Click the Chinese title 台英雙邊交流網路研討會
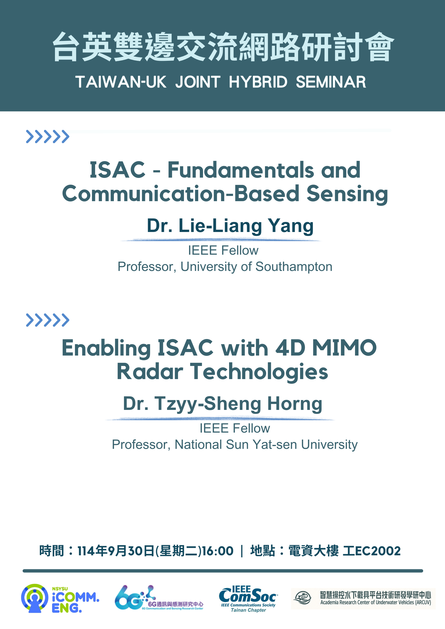click(223, 47)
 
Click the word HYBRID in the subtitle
click(258, 82)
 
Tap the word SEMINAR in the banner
click(331, 82)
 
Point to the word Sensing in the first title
click(347, 194)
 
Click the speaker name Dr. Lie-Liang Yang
click(230, 226)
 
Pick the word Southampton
click(294, 267)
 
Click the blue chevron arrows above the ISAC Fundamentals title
click(47, 137)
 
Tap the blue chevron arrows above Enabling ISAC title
click(47, 320)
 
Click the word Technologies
click(259, 372)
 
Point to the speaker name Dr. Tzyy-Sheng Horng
click(223, 404)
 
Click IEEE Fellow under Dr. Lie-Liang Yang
click(223, 250)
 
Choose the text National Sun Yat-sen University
click(266, 445)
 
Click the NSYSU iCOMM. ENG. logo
click(60, 598)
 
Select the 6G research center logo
click(159, 598)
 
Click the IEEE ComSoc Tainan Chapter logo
click(248, 599)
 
